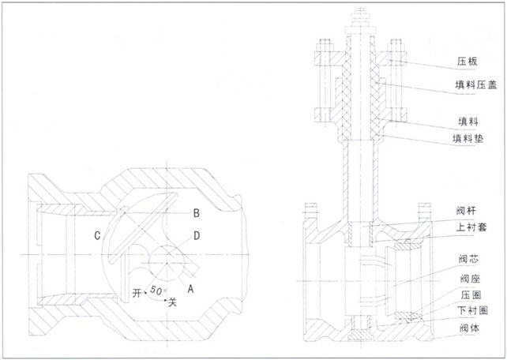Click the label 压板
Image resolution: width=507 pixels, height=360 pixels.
tap(467, 62)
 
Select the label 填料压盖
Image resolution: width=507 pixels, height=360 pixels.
tap(476, 85)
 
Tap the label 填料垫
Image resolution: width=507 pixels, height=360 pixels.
tap(468, 139)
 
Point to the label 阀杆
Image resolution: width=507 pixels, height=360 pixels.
tap(466, 211)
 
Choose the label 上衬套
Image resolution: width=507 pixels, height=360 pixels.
tap(471, 227)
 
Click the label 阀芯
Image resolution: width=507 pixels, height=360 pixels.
tap(468, 259)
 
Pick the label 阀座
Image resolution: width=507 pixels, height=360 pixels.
tap(471, 278)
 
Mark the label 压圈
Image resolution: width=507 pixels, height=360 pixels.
tap(471, 295)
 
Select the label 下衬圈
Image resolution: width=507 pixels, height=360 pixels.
tap(472, 311)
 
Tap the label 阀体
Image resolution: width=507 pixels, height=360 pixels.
tap(469, 328)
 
